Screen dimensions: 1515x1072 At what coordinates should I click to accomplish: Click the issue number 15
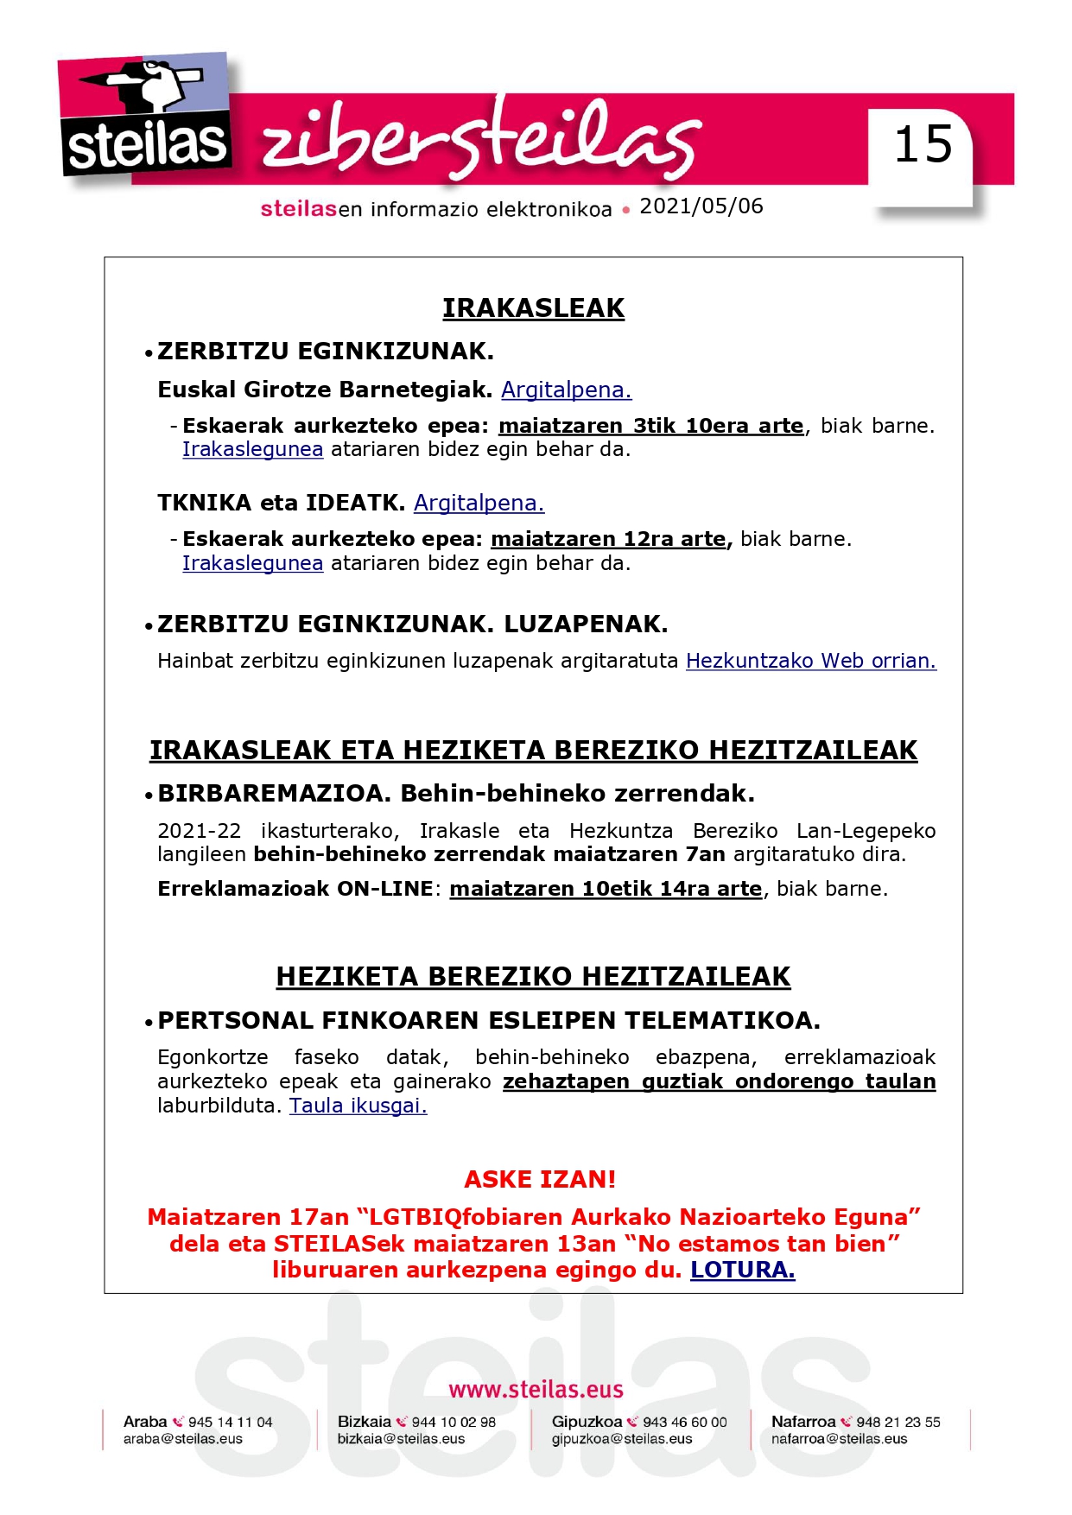click(923, 144)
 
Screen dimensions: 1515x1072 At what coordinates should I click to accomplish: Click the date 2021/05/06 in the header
click(701, 206)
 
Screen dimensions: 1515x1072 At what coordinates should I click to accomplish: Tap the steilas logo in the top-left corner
click(145, 116)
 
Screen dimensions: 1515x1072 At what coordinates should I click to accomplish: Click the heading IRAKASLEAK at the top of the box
click(533, 308)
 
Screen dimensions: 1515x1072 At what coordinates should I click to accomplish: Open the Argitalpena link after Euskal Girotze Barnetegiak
click(566, 390)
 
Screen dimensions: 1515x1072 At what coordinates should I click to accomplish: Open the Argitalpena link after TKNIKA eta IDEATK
click(479, 503)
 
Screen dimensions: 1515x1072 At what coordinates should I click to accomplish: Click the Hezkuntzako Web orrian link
click(810, 661)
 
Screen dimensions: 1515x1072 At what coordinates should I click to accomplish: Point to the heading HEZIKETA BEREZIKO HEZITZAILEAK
click(533, 976)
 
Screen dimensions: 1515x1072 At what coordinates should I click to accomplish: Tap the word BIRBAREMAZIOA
click(274, 793)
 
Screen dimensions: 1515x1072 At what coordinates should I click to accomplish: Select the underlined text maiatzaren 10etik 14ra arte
click(606, 889)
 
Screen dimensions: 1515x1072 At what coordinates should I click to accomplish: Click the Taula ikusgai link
click(358, 1106)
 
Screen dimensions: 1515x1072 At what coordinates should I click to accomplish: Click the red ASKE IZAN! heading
click(540, 1179)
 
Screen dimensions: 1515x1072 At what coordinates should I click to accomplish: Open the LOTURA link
click(742, 1270)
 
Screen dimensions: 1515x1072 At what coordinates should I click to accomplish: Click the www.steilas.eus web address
click(536, 1389)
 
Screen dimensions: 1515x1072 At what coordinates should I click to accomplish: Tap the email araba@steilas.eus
click(183, 1439)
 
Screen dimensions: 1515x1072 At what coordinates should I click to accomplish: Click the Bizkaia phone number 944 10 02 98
click(454, 1422)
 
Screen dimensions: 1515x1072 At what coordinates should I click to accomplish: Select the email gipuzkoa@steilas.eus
click(622, 1439)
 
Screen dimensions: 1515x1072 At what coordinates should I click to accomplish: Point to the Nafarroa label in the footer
click(803, 1422)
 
